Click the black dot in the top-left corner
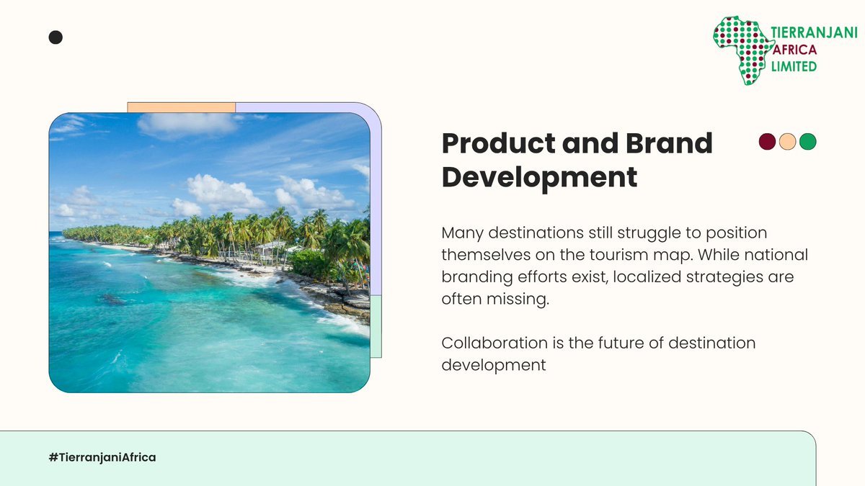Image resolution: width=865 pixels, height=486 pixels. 56,37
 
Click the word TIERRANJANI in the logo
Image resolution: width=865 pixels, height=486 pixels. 814,33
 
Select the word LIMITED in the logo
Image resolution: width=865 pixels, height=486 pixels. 794,66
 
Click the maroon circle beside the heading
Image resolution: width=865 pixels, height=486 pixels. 767,142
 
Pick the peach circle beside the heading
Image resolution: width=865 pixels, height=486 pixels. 787,142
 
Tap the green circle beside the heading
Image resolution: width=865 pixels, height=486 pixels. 808,142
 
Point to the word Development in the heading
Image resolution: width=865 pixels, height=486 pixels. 539,176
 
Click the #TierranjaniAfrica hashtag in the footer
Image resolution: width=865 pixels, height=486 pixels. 102,457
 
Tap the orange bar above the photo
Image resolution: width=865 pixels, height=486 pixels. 182,107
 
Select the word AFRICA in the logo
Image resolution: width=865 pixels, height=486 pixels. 796,50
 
